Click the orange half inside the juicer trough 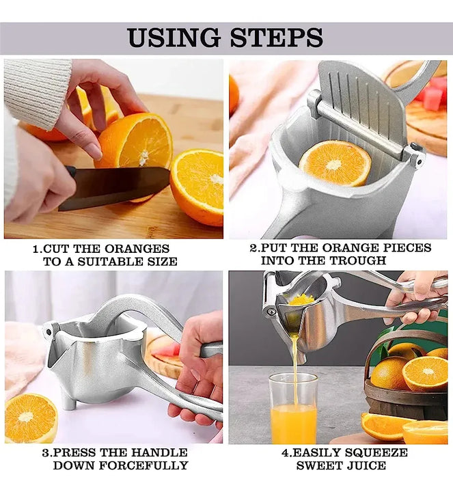(x=335, y=163)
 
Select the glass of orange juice (x=293, y=409)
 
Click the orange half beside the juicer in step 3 (x=31, y=418)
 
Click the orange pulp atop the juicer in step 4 (x=301, y=299)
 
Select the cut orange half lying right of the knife (x=197, y=186)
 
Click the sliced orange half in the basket (x=424, y=374)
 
